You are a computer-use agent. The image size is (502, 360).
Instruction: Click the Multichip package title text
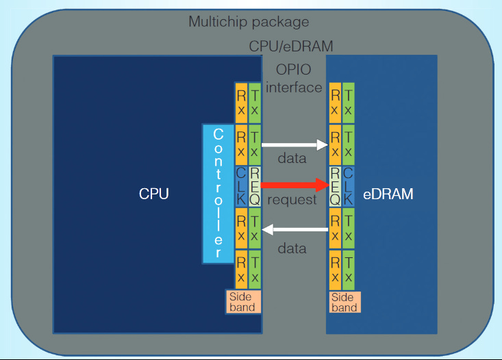pos(249,22)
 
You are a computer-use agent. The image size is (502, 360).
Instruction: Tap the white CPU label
pos(153,194)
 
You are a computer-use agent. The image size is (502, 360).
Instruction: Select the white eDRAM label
pos(388,194)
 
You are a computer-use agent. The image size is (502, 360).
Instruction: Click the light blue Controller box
pos(218,194)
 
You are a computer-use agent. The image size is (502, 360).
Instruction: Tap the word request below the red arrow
pos(292,200)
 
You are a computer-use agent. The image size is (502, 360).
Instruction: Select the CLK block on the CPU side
pos(241,186)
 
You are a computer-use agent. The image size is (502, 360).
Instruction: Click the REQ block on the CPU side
pos(254,186)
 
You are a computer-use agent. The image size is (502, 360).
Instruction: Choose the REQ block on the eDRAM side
pos(335,186)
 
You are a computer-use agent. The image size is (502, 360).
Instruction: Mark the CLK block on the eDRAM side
pos(348,186)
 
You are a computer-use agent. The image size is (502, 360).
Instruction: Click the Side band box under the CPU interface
pos(242,302)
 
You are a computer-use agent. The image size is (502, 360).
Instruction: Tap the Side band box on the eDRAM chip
pos(343,302)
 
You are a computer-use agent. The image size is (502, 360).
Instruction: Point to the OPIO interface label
pos(294,79)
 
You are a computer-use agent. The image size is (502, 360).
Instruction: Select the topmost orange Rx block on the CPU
pos(241,102)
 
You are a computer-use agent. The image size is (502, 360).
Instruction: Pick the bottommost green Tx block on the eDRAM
pos(348,270)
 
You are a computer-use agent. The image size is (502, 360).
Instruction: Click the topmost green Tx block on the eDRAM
pos(348,102)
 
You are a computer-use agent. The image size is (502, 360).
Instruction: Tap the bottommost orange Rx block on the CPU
pos(241,270)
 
